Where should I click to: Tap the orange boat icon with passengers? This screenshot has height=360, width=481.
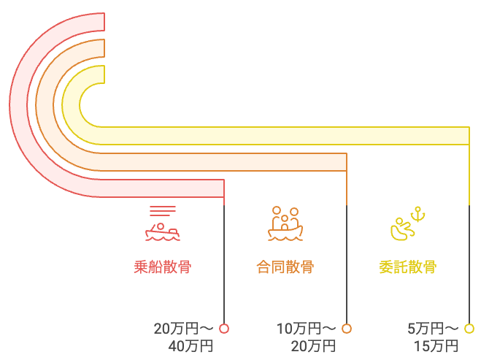[x=285, y=224]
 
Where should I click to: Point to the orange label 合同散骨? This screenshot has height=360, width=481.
[x=285, y=267]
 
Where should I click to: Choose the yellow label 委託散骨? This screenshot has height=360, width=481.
[x=407, y=267]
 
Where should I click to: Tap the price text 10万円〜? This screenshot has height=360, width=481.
[x=307, y=329]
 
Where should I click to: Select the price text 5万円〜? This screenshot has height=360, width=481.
[x=433, y=329]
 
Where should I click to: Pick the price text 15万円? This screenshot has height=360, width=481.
[x=436, y=345]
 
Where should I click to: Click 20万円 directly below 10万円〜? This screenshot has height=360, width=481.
[x=313, y=345]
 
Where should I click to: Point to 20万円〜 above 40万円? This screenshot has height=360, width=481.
[x=183, y=329]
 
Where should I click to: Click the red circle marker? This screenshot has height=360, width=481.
[x=224, y=329]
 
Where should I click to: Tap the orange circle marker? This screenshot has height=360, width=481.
[x=347, y=329]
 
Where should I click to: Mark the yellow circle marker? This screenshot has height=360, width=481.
[x=469, y=329]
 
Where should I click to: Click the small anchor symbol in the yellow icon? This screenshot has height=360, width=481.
[x=418, y=214]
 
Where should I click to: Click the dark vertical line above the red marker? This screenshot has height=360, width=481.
[x=224, y=263]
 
